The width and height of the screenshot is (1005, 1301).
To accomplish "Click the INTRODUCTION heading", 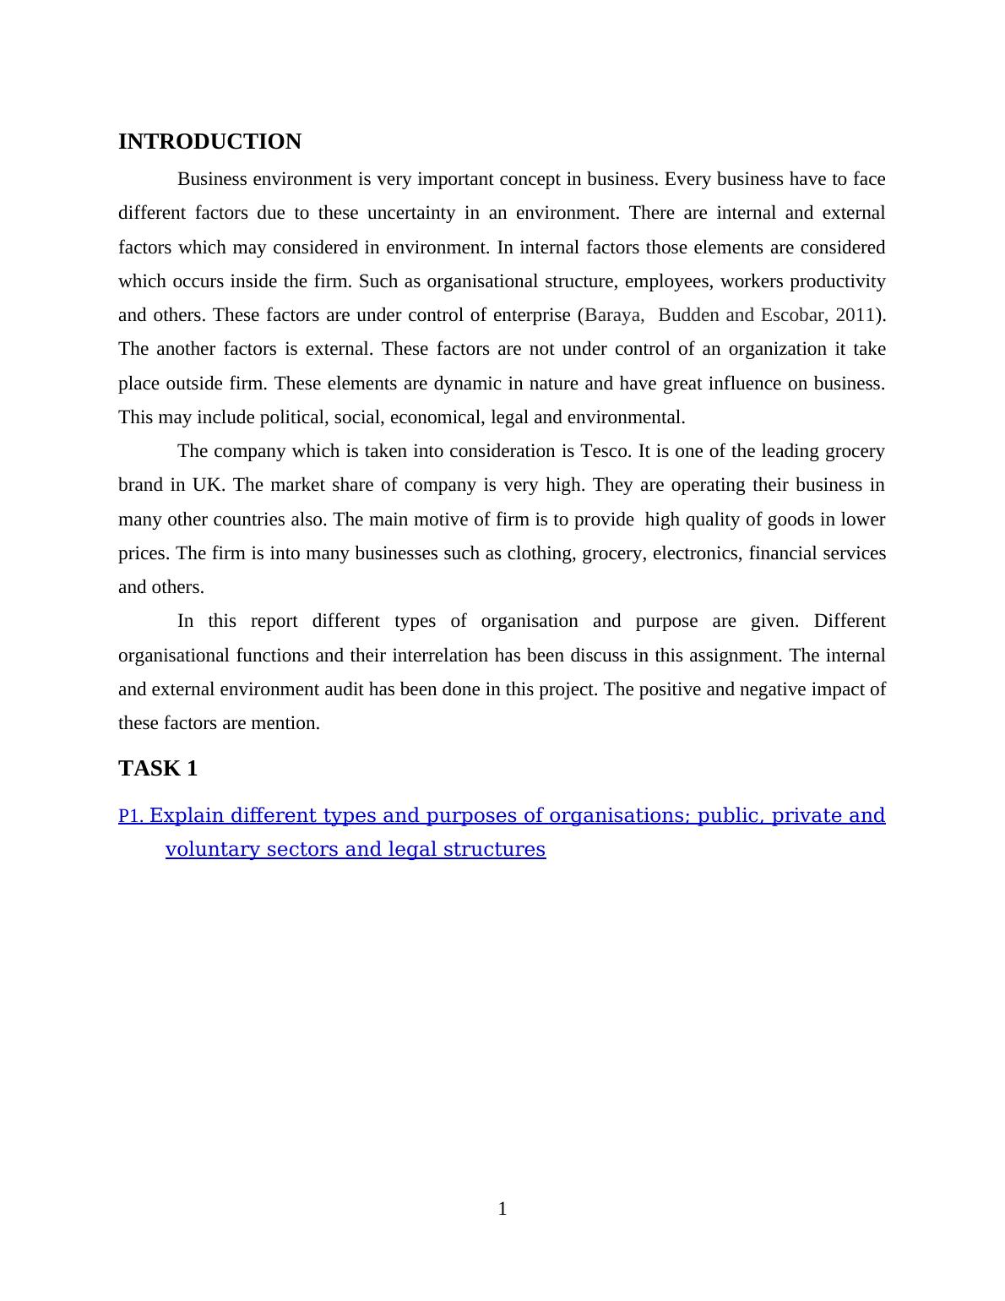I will point(209,142).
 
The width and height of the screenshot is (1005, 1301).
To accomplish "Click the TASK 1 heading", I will point(158,768).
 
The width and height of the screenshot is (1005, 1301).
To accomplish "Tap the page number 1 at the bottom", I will point(502,1209).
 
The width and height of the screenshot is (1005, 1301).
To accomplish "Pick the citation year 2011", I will point(855,315).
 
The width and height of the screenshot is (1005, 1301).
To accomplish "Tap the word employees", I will point(666,281).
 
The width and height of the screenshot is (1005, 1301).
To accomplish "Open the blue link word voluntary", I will point(213,849).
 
